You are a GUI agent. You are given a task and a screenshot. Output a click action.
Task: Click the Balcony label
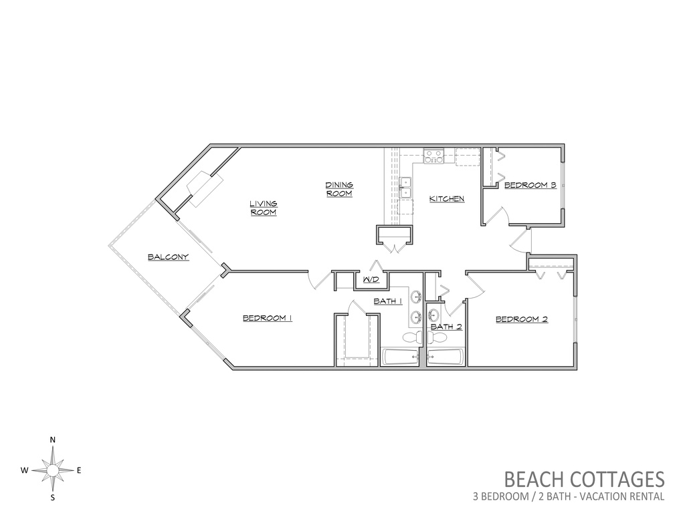168,257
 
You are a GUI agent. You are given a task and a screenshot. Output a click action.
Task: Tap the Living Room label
264,208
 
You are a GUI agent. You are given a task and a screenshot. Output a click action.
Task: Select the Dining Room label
339,189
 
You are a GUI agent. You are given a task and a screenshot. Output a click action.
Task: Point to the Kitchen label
447,199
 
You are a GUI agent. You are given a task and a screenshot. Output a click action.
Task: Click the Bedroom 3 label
530,186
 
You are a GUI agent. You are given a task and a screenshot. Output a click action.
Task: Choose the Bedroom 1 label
268,318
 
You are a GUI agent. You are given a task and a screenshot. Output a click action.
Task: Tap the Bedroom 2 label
522,319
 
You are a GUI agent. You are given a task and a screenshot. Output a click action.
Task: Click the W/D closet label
371,279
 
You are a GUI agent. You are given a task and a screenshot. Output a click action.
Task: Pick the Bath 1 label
387,301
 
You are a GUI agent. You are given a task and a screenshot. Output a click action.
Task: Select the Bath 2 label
446,326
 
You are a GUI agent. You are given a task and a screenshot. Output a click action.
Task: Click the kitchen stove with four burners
433,156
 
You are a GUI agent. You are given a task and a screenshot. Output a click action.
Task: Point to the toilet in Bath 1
411,337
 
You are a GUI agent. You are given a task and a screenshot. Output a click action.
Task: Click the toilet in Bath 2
437,337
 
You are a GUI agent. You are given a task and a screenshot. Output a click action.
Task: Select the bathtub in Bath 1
401,357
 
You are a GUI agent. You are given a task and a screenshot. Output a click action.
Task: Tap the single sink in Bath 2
433,314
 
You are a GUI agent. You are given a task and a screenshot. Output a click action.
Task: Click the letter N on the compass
52,440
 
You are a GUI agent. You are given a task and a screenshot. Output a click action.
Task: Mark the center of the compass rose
52,470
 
